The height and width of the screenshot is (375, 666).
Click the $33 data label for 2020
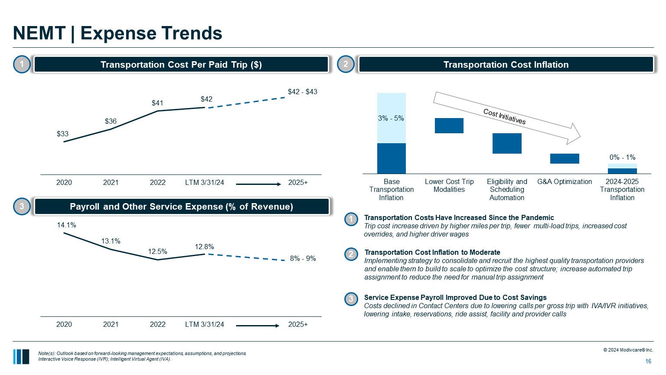[62, 134]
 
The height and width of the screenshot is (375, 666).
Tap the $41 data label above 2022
[157, 103]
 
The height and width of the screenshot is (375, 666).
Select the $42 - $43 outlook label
[302, 92]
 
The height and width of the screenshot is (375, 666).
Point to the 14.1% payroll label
[66, 225]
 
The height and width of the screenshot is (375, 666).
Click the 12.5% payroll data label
[157, 251]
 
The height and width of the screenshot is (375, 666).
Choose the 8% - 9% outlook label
[303, 258]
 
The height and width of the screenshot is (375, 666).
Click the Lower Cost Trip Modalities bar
[449, 125]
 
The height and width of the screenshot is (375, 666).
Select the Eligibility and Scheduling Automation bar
[506, 143]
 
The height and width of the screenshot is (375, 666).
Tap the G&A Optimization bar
[564, 158]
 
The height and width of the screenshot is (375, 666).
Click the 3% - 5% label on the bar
[391, 118]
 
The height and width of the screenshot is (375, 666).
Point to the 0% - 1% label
[622, 157]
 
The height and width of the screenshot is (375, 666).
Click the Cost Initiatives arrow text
[504, 116]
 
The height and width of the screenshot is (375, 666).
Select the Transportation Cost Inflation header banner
[506, 65]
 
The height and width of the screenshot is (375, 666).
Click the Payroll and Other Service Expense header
[181, 207]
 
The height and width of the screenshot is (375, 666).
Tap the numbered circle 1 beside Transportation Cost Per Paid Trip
[22, 65]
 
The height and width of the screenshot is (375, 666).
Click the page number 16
[648, 361]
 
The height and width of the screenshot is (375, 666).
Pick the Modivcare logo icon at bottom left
[21, 356]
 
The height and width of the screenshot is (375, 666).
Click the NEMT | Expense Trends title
[118, 33]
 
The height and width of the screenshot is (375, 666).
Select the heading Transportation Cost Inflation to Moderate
[432, 252]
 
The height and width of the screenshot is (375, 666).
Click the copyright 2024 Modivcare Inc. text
[628, 350]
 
